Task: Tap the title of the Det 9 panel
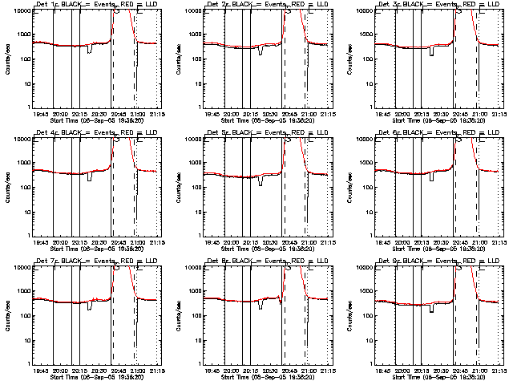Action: tap(435, 262)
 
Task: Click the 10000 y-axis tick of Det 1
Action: tap(20, 11)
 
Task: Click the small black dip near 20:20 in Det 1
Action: tap(89, 51)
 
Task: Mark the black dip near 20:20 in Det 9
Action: tap(432, 309)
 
